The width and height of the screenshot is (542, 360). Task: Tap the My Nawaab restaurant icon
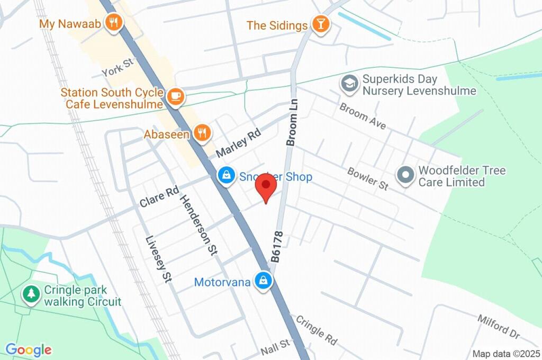click(x=113, y=23)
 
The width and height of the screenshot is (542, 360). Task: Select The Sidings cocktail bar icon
click(x=320, y=24)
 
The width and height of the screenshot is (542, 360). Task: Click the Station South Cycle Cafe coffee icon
click(x=175, y=97)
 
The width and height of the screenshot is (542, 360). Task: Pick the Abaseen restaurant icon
click(x=201, y=133)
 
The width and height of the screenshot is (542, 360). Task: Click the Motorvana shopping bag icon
click(x=263, y=281)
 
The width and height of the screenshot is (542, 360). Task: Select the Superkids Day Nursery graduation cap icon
click(x=349, y=83)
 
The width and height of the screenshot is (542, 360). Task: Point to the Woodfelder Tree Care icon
click(x=405, y=175)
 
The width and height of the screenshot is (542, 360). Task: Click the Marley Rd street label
click(x=239, y=144)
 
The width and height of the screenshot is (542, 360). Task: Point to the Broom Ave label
click(x=363, y=116)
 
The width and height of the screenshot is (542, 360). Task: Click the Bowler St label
click(x=368, y=178)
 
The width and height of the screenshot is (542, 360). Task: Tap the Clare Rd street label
click(x=159, y=196)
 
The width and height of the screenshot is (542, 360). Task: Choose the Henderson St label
click(x=199, y=225)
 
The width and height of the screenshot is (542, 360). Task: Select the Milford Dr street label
click(x=499, y=327)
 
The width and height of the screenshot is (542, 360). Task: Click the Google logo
click(x=29, y=349)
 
